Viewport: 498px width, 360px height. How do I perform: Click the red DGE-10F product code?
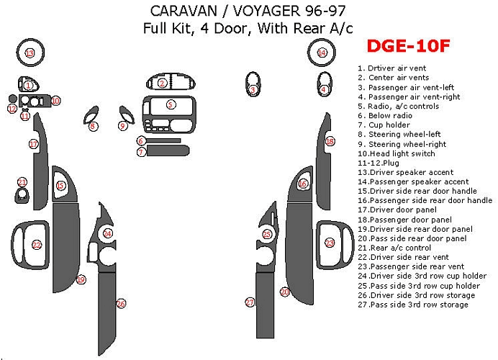pyautogui.click(x=409, y=46)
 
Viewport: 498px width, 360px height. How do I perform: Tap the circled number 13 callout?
pyautogui.click(x=30, y=53)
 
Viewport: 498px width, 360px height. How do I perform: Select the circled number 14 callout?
pyautogui.click(x=322, y=53)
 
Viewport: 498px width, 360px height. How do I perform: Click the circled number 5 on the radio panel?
pyautogui.click(x=171, y=104)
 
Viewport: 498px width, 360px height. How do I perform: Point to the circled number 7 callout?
pyautogui.click(x=141, y=152)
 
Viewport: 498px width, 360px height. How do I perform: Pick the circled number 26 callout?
pyautogui.click(x=121, y=304)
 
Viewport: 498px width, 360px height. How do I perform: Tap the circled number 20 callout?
pyautogui.click(x=285, y=292)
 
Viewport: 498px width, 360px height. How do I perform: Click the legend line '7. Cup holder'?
pyautogui.click(x=384, y=125)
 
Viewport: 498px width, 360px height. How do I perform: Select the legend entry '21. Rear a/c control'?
pyautogui.click(x=394, y=248)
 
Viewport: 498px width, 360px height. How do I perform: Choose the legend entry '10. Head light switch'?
pyautogui.click(x=397, y=153)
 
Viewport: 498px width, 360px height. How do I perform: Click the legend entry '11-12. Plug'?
pyautogui.click(x=379, y=163)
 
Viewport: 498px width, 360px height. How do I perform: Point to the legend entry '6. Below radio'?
pyautogui.click(x=385, y=116)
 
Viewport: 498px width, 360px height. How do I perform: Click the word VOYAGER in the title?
pyautogui.click(x=268, y=11)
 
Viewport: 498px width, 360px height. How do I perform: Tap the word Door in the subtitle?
pyautogui.click(x=230, y=28)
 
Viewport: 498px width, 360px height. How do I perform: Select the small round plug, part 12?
pyautogui.click(x=12, y=99)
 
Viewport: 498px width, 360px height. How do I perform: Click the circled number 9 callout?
pyautogui.click(x=123, y=126)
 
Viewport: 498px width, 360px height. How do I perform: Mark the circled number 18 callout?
pyautogui.click(x=330, y=141)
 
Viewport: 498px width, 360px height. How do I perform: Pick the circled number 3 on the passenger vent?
pyautogui.click(x=253, y=90)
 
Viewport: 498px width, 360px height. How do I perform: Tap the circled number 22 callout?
pyautogui.click(x=37, y=245)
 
